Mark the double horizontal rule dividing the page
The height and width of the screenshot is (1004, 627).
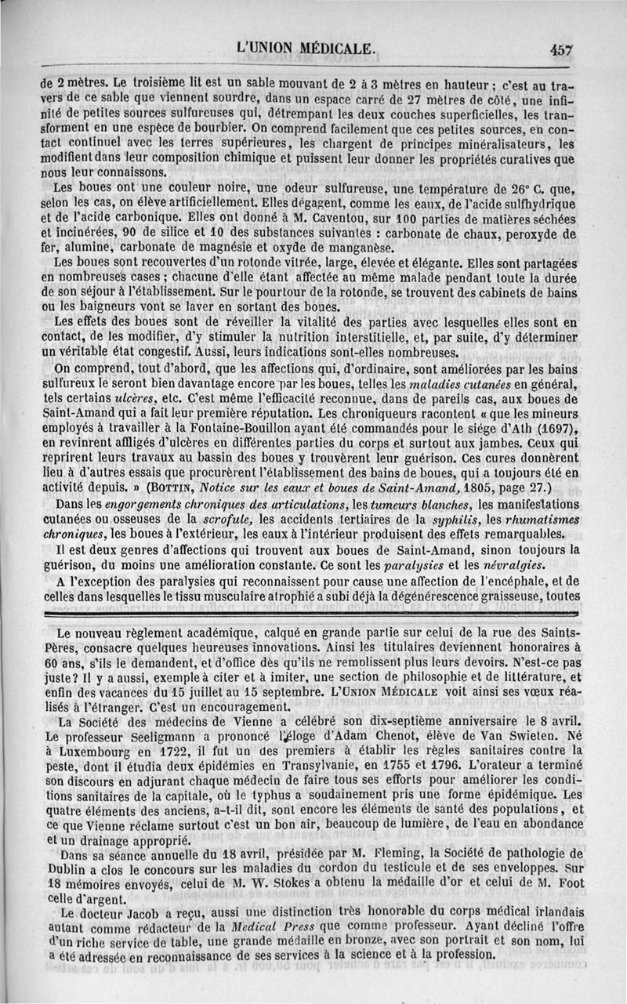(x=313, y=616)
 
